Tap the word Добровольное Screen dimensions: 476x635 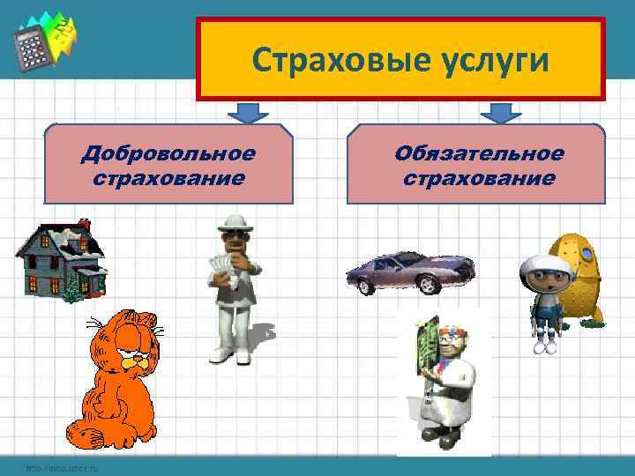[168, 154]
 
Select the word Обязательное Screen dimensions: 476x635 [479, 154]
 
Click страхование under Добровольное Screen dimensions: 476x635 [168, 178]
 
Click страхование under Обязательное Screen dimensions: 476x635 [479, 178]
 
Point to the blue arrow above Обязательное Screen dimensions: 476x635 [500, 112]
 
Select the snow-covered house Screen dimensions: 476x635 [60, 261]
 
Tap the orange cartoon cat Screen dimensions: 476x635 [115, 379]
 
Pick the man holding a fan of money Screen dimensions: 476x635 [234, 286]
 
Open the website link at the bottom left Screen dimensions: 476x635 [62, 467]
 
